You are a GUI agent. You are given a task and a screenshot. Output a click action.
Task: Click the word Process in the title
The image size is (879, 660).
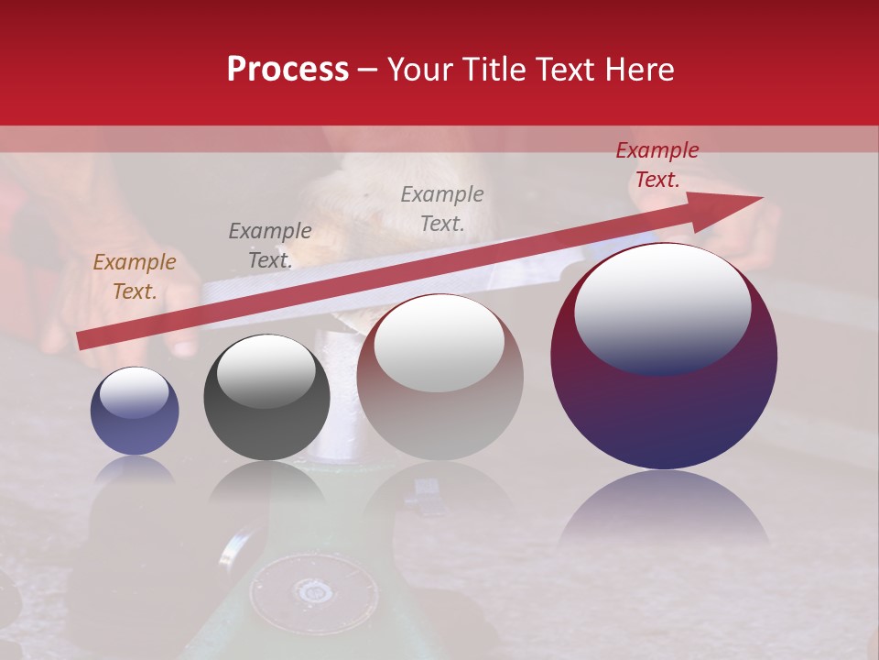pyautogui.click(x=288, y=70)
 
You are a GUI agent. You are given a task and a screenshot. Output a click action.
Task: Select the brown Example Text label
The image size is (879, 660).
pyautogui.click(x=134, y=277)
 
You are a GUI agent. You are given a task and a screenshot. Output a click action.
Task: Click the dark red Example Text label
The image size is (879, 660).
pyautogui.click(x=657, y=165)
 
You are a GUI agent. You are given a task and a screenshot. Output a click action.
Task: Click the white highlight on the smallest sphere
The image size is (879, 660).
pyautogui.click(x=134, y=392)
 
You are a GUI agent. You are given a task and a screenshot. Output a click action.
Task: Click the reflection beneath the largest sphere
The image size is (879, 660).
pyautogui.click(x=664, y=509)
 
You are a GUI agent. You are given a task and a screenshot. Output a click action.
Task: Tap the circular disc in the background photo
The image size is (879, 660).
pyautogui.click(x=314, y=590)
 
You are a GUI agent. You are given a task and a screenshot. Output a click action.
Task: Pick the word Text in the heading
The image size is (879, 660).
pyautogui.click(x=559, y=70)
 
